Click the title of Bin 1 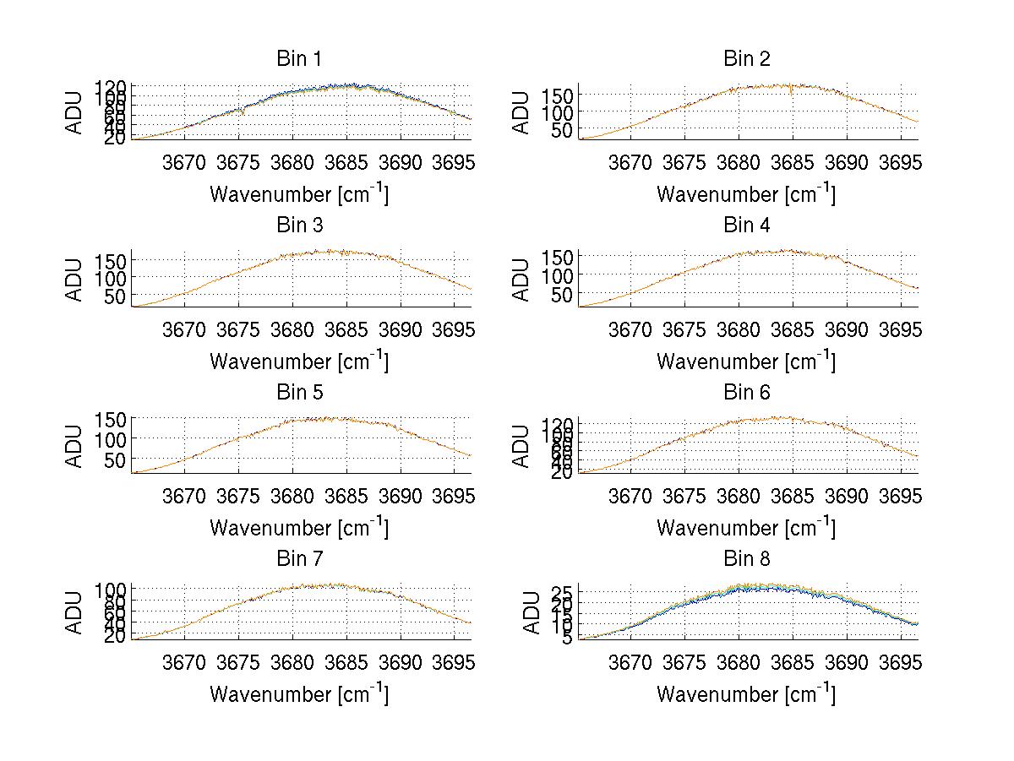coord(298,58)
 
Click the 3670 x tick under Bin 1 coord(183,163)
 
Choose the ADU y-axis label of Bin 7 coord(75,612)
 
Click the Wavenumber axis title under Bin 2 coord(746,194)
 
